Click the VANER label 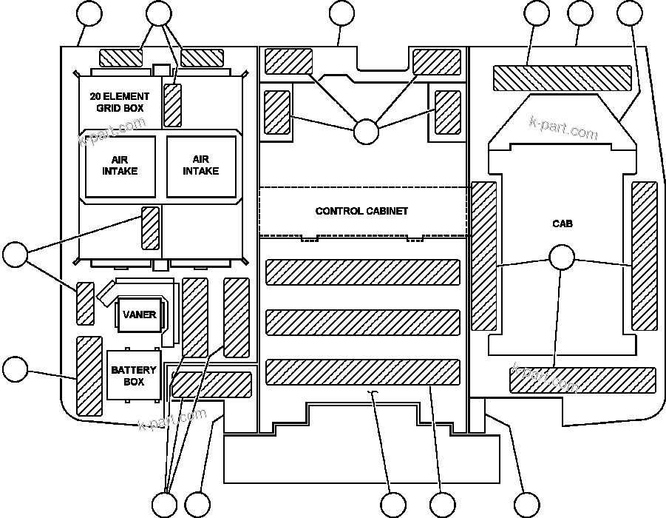139,314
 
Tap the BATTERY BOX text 134,376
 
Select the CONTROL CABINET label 361,211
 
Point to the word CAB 562,223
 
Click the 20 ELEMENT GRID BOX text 119,102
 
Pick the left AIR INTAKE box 120,166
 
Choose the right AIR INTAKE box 201,166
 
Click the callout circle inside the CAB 562,257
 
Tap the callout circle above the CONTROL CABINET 366,131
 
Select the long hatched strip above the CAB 562,78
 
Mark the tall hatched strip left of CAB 484,256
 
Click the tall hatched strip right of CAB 644,256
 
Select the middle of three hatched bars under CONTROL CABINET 362,322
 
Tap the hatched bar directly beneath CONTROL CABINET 362,272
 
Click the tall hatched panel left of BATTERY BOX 89,368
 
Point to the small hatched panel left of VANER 86,303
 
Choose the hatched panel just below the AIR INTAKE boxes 150,229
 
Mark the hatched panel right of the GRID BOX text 173,105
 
